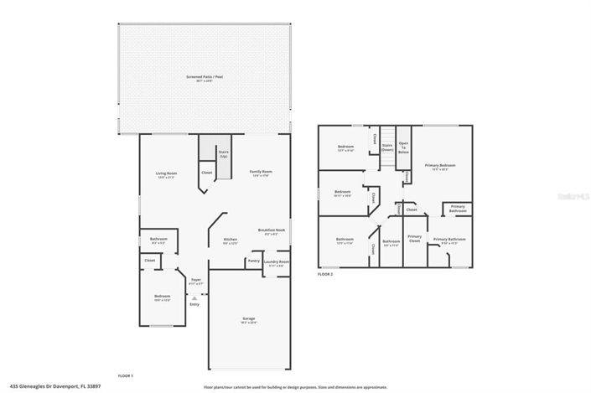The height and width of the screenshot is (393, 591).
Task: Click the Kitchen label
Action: tap(230, 240)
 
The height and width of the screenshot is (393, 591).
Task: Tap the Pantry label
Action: tap(253, 261)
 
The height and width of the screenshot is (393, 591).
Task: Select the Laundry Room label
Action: tap(276, 261)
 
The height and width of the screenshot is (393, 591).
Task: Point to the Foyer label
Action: tap(195, 280)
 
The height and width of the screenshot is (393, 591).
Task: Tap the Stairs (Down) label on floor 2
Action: tap(387, 147)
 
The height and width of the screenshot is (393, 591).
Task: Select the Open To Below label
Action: tap(403, 148)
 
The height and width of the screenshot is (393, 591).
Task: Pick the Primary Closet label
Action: tap(414, 238)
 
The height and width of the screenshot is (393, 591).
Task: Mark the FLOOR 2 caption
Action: tap(325, 274)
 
